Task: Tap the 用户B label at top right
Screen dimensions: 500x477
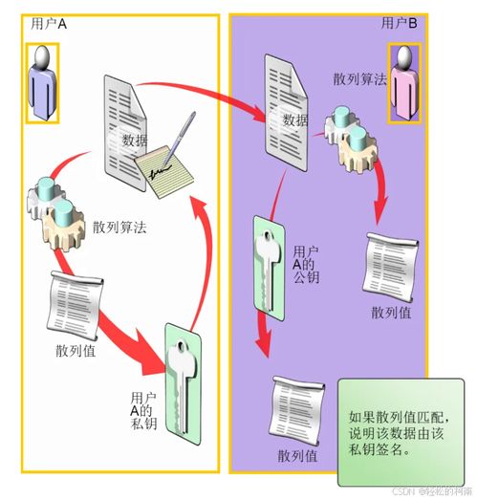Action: click(x=401, y=23)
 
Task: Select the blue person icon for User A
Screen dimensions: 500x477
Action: click(x=41, y=86)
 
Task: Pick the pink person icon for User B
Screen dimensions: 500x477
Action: click(x=405, y=86)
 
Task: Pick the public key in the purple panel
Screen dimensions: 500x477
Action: click(x=269, y=262)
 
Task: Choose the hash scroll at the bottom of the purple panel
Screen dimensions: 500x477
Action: click(x=295, y=405)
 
